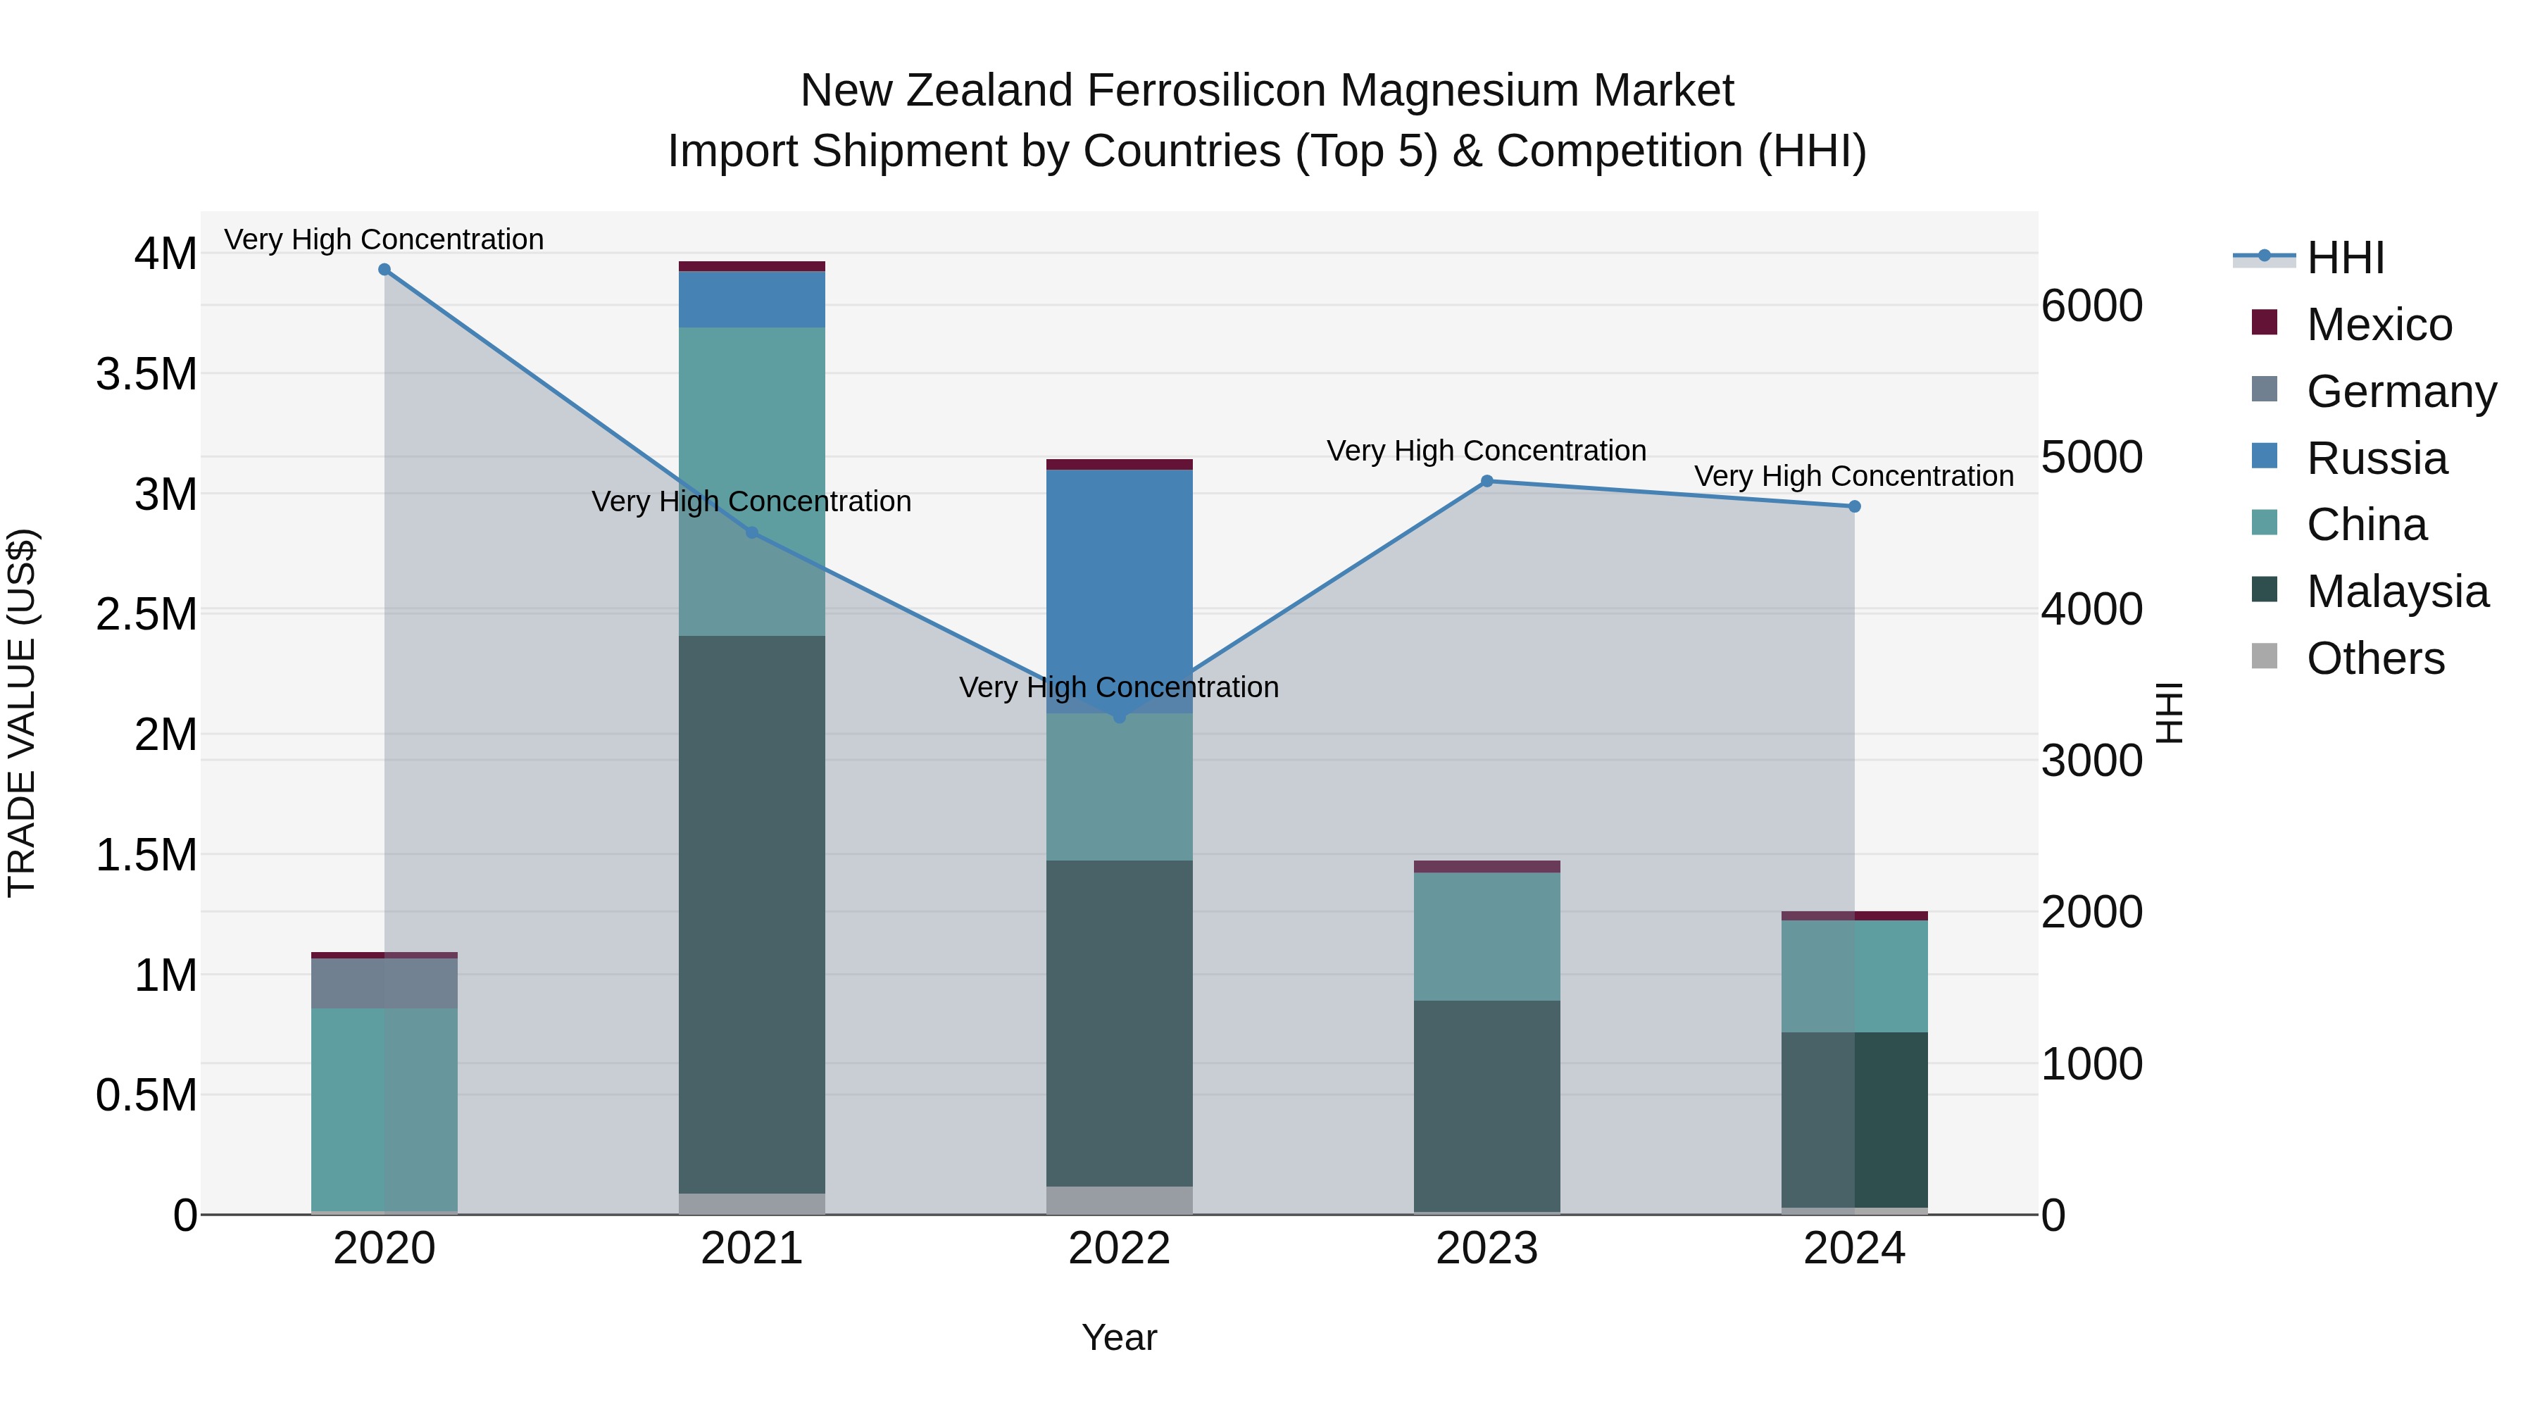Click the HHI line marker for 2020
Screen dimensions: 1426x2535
click(384, 270)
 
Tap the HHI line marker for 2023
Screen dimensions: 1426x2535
click(1487, 481)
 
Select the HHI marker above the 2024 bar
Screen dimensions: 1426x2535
click(1854, 507)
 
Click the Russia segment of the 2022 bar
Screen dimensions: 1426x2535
click(1119, 591)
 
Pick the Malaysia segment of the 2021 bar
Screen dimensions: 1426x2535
click(752, 915)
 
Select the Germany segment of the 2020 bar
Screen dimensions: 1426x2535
click(384, 982)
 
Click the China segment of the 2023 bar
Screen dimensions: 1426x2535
click(1487, 936)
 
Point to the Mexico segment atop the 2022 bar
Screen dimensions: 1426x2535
click(1119, 465)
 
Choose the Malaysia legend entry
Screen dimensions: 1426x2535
click(2396, 592)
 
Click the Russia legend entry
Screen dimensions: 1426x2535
click(2376, 458)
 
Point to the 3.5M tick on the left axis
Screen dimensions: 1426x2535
click(146, 375)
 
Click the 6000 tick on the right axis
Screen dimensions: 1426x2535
click(2091, 306)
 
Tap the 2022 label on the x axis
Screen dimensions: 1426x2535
click(1119, 1249)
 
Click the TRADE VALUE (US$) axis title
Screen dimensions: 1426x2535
click(22, 713)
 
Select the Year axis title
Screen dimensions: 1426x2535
click(1119, 1337)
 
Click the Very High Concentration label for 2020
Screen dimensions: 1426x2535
click(384, 239)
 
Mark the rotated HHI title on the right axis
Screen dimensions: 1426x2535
click(2169, 713)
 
